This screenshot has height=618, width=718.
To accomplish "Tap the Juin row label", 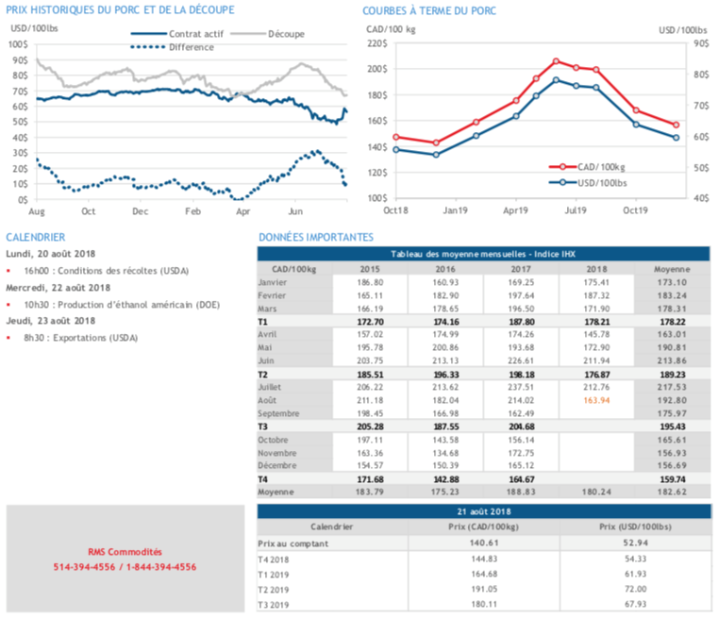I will point(268,359).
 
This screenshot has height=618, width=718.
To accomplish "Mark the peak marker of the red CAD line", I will point(556,61).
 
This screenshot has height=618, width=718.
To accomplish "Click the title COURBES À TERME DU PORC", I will point(429,11).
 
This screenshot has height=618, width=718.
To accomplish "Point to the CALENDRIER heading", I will point(36,238).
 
